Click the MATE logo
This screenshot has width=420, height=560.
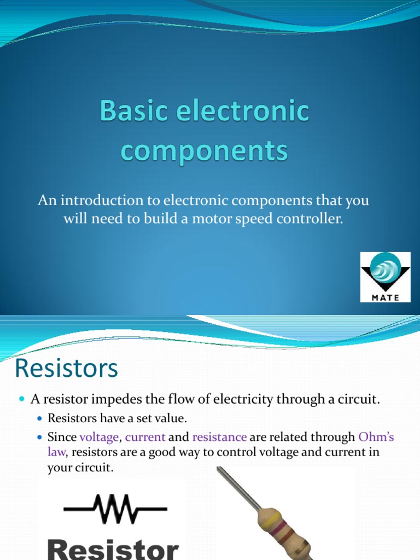click(x=385, y=277)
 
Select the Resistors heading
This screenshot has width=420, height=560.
click(x=66, y=369)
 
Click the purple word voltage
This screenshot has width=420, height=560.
click(x=99, y=437)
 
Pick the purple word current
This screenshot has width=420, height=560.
click(x=145, y=437)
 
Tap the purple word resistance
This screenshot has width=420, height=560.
click(x=219, y=437)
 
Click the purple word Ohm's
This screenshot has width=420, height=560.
click(x=376, y=437)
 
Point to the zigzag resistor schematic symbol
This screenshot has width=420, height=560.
click(x=115, y=508)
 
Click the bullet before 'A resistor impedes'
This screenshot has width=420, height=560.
click(x=22, y=400)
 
